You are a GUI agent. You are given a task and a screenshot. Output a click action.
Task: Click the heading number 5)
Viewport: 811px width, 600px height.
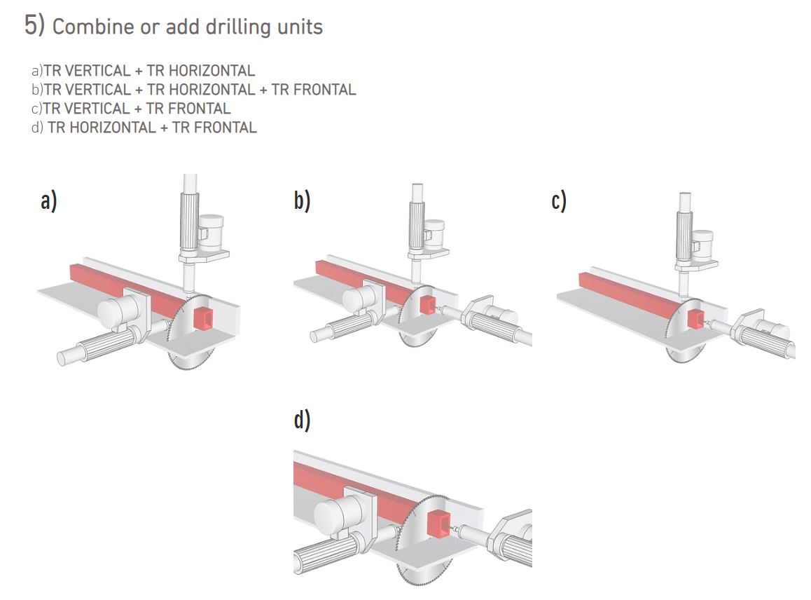[34, 25]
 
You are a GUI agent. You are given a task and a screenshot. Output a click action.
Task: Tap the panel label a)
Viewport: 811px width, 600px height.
[48, 201]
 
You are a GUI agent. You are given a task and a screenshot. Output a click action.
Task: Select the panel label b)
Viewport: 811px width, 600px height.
[302, 201]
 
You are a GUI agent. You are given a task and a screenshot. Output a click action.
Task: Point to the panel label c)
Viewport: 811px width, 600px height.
[559, 201]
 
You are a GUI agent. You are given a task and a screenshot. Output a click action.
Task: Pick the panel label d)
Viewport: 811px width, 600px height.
[302, 421]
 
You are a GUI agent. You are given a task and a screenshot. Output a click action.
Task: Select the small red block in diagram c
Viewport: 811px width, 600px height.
[695, 320]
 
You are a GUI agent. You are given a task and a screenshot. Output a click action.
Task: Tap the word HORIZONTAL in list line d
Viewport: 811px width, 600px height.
[102, 128]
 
